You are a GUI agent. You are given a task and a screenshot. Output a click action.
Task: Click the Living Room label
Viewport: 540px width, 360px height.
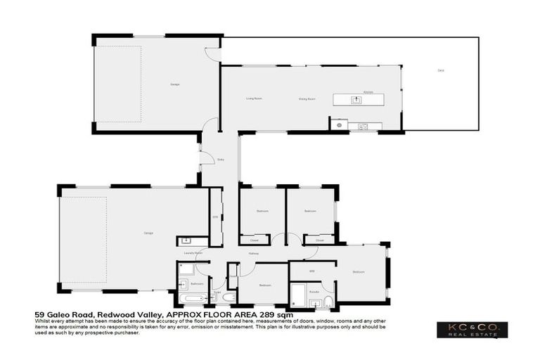click(254, 98)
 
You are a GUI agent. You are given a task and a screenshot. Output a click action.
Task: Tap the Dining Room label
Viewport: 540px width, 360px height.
click(307, 99)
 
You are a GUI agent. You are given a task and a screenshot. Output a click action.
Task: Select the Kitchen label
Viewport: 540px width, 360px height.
click(367, 92)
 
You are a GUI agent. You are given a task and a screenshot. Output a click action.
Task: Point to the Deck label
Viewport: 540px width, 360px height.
click(441, 71)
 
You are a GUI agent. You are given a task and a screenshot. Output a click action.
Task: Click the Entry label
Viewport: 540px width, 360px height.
click(221, 159)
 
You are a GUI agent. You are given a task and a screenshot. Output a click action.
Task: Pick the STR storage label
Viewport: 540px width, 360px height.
click(215, 217)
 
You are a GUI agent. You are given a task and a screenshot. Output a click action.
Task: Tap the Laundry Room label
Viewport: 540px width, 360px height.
click(193, 252)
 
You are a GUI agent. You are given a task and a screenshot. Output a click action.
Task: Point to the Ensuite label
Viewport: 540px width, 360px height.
click(314, 290)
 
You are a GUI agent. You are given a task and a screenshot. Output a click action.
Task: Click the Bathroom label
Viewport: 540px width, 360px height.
click(197, 283)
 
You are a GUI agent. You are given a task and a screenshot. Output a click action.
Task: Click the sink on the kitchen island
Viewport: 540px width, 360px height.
click(356, 100)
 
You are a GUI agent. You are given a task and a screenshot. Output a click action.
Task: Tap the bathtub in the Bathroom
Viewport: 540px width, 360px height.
click(191, 298)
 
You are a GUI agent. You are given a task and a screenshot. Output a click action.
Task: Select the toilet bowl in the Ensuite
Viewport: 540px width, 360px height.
click(328, 303)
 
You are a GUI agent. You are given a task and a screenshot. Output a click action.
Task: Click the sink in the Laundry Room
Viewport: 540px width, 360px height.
click(186, 241)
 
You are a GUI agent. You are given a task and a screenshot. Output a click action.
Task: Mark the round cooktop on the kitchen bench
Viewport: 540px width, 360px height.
click(339, 125)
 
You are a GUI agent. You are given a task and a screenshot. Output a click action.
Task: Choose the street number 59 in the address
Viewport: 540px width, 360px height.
click(40, 316)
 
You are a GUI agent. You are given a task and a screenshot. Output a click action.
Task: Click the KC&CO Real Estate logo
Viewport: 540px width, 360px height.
click(472, 330)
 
